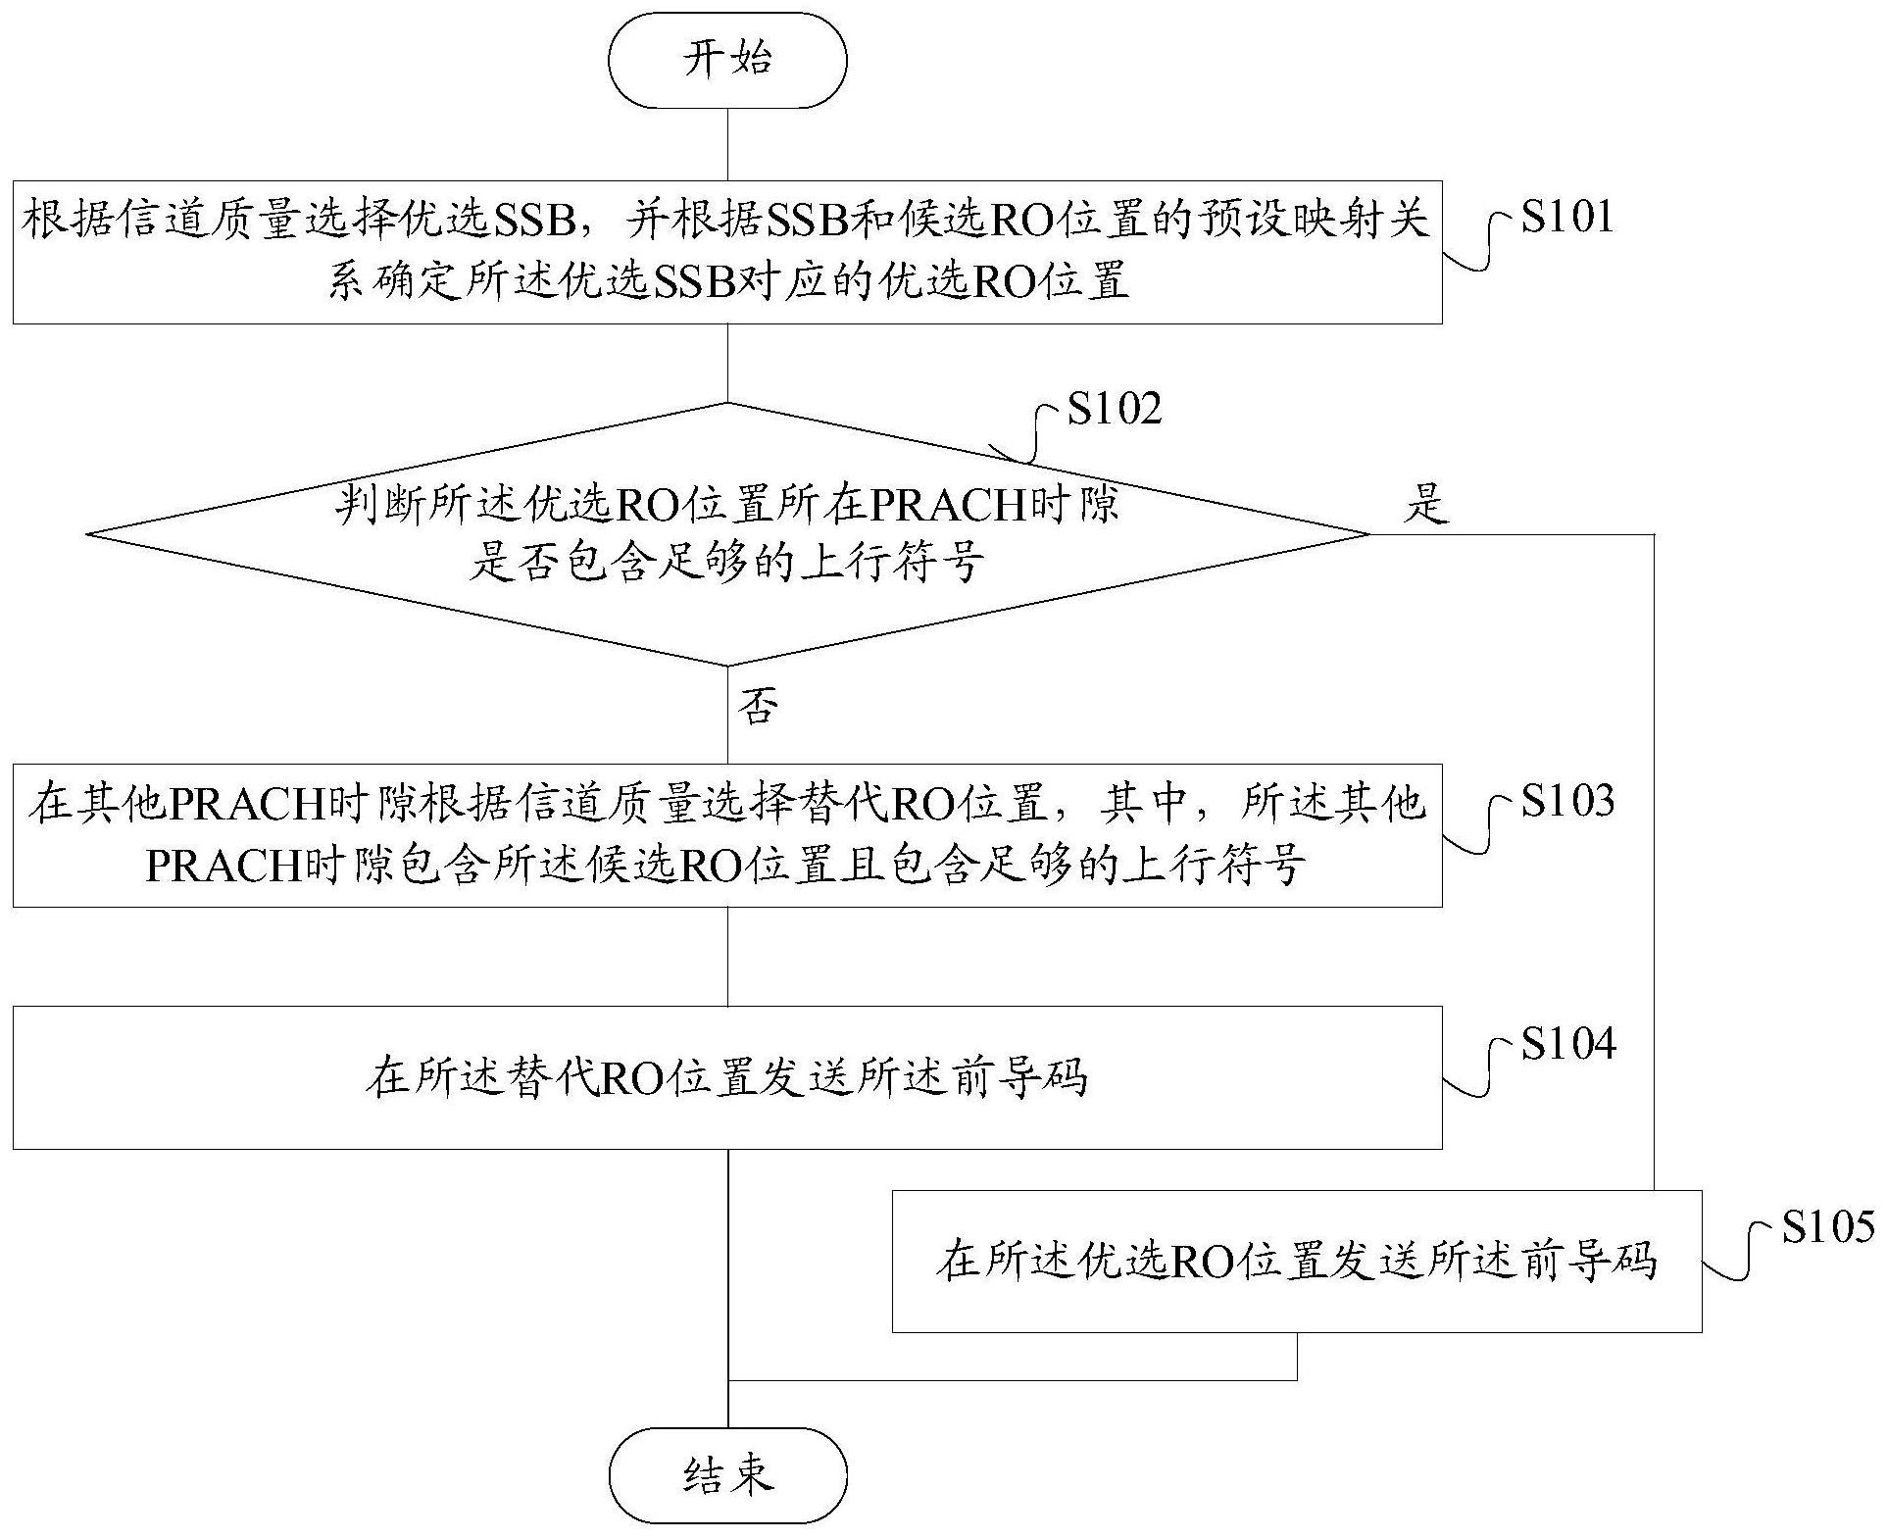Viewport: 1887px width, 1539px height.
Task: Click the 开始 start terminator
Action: [x=727, y=61]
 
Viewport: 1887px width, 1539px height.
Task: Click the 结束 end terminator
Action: [x=727, y=1475]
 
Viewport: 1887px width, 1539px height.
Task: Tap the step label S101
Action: [x=1566, y=217]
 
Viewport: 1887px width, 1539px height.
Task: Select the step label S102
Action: [x=1115, y=408]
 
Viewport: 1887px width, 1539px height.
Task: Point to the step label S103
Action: [x=1566, y=801]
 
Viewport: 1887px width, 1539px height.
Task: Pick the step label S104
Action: [x=1566, y=1044]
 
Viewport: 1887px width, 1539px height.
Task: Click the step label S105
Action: [x=1827, y=1226]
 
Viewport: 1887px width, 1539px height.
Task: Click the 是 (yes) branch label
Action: [x=1426, y=506]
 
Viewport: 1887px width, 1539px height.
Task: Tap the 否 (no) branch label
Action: [x=758, y=706]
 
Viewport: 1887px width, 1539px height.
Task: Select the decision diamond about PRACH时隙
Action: [x=727, y=534]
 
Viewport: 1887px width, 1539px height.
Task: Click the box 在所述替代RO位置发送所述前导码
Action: [x=727, y=1077]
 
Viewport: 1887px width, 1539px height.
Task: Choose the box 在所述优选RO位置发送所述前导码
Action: [x=1296, y=1261]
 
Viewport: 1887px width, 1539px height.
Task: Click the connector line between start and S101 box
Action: [x=727, y=144]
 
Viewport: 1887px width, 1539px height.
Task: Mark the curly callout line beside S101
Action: [x=1480, y=245]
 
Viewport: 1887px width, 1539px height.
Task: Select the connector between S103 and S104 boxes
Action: [x=727, y=956]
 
